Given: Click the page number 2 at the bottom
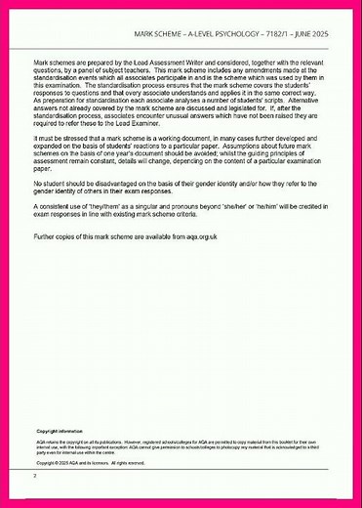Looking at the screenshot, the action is tap(35, 476).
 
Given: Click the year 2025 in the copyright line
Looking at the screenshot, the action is tap(63, 462).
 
